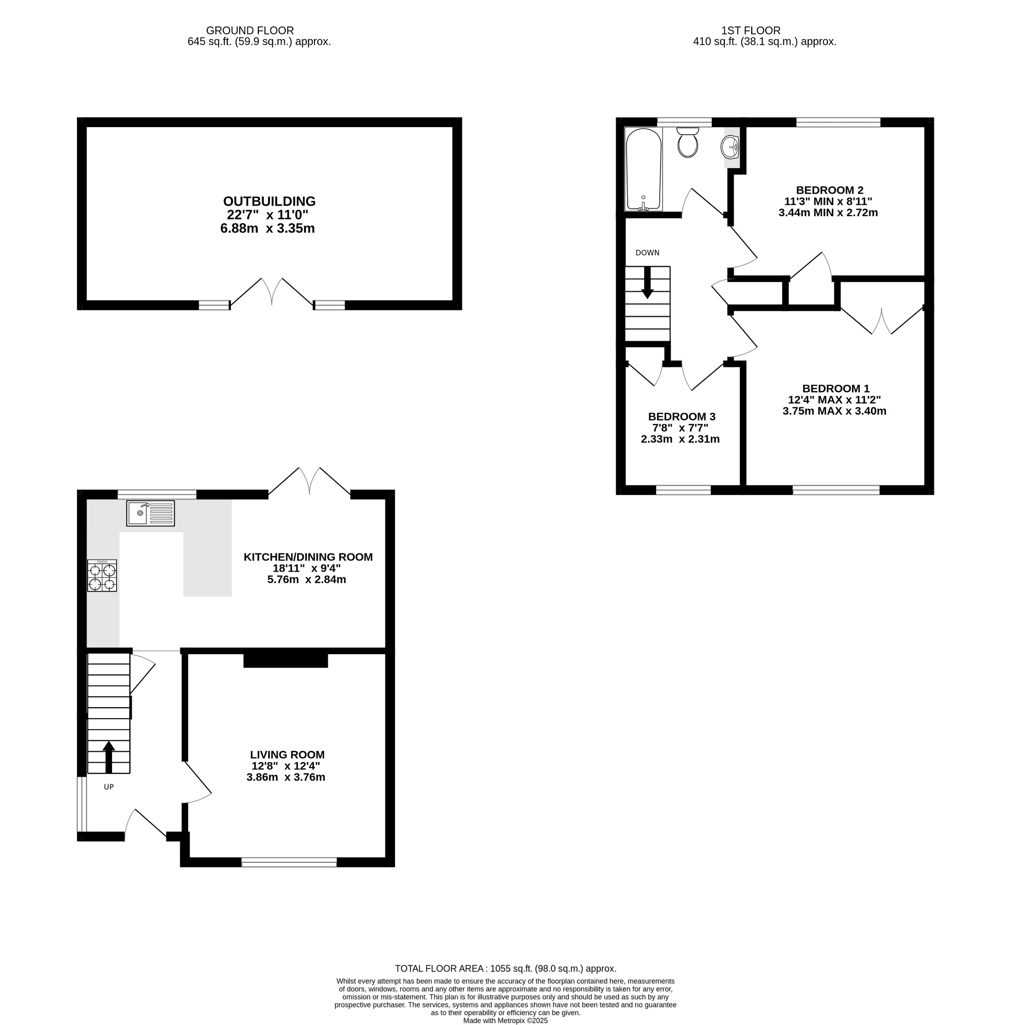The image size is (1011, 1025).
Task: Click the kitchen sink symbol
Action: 150,513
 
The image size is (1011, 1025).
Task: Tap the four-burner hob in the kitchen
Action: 102,576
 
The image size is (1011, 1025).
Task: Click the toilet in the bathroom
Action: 688,143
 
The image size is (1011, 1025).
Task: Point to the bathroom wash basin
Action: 730,147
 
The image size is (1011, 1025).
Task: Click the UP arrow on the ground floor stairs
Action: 109,757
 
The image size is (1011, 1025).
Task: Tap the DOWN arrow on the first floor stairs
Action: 647,282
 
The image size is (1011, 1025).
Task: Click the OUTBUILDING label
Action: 269,202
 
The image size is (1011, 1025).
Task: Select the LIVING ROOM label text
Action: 287,754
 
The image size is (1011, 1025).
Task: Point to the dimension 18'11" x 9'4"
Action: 307,568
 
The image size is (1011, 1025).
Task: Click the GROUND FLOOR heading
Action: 250,31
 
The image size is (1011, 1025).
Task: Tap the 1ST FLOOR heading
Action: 751,31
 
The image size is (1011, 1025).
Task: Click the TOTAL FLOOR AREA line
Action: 505,968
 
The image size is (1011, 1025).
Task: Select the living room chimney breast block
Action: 285,661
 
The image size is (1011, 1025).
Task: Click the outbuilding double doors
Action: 272,293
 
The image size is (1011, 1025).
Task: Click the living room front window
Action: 289,862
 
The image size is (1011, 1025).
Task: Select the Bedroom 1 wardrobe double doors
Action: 881,322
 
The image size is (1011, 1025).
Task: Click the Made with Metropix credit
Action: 505,1020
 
